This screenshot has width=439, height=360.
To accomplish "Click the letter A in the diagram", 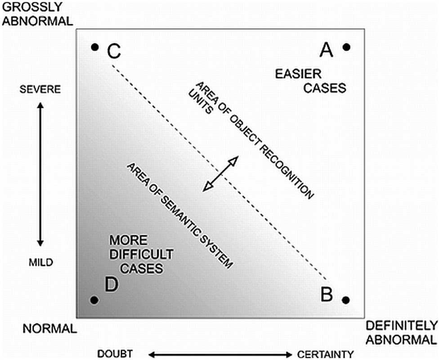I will (x=327, y=49).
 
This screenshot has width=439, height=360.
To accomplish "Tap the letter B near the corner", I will (x=327, y=295).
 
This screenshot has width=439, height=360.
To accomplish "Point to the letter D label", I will (x=112, y=285).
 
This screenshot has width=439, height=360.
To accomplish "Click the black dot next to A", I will (x=346, y=46).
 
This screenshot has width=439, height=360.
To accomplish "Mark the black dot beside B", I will (x=345, y=299).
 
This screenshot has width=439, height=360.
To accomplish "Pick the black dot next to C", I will (x=94, y=47).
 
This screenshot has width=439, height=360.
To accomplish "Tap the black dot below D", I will (x=94, y=299).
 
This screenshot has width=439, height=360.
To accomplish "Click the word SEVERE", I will (x=40, y=89).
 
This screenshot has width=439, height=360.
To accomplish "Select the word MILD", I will (x=40, y=262).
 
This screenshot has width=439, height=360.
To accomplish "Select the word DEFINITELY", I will (x=401, y=325).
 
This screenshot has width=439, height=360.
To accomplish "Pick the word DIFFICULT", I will (x=141, y=254).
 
